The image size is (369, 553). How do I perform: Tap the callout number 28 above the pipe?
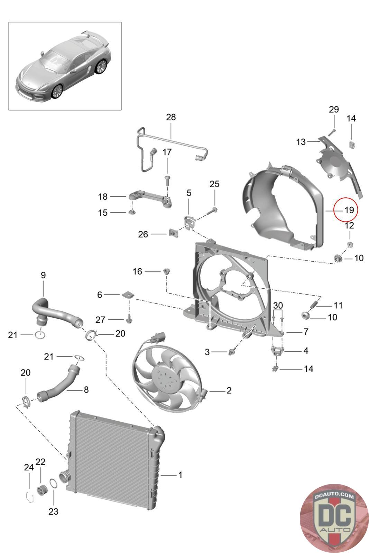click(171, 117)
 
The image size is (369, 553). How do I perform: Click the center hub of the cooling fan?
click(164, 377)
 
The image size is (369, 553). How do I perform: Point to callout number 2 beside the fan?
click(229, 391)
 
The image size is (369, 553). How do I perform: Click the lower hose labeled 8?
click(59, 385)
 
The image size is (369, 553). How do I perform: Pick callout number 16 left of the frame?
click(137, 271)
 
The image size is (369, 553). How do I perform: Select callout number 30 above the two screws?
click(278, 305)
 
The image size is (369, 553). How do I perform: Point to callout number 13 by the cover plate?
click(301, 142)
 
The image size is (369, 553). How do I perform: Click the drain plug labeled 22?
click(41, 490)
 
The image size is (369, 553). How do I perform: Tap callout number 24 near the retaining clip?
click(29, 468)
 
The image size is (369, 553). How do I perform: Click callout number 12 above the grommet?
click(350, 225)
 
